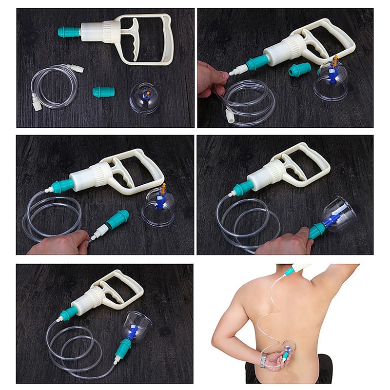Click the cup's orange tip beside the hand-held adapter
163,186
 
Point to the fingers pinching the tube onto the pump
211,78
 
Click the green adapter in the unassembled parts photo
103,92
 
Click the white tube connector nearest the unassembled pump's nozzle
78,69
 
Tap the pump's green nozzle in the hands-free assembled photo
69,312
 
